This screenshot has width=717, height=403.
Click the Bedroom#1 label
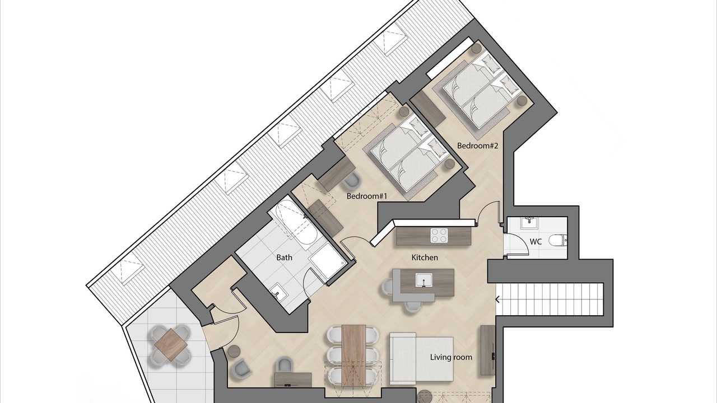[367, 196]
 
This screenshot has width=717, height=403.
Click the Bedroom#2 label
[478, 146]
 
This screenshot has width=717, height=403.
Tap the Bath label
[284, 257]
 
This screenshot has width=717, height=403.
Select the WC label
[536, 242]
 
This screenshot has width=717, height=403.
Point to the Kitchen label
[425, 257]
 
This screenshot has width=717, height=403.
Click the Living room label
[451, 357]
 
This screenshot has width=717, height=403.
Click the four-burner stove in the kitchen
[440, 236]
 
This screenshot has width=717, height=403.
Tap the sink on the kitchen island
[424, 280]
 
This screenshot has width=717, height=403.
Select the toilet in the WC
[558, 241]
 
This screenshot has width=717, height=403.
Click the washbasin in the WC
[529, 223]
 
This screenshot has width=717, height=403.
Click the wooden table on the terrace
[171, 345]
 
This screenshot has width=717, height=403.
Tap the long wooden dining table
[353, 355]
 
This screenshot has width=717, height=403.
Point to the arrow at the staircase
[498, 299]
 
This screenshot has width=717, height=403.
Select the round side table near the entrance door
[234, 351]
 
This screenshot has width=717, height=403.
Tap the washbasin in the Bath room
[277, 293]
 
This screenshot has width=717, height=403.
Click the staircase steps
[550, 299]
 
